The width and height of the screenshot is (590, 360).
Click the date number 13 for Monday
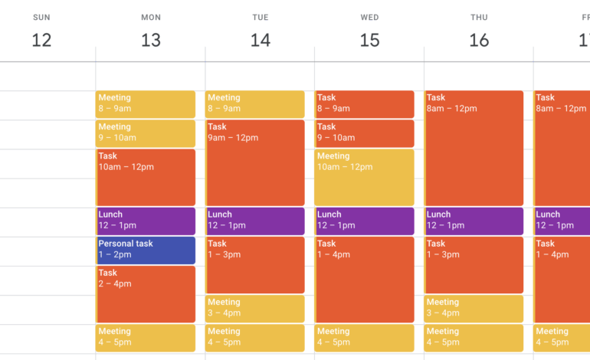151,40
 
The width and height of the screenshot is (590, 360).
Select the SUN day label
41,17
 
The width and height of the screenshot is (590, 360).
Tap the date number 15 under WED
369,40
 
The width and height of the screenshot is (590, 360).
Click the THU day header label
479,17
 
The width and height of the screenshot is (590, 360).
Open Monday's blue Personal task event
146,250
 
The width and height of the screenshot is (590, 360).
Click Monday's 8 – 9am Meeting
146,104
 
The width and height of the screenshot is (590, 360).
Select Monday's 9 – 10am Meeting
146,133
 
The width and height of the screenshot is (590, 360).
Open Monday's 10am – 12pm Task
146,177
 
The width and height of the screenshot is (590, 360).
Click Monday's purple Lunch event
146,221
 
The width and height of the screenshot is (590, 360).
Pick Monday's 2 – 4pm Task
146,294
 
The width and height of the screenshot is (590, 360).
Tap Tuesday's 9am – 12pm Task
255,162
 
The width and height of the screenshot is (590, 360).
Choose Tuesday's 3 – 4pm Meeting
255,309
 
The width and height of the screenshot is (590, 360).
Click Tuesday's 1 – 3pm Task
255,265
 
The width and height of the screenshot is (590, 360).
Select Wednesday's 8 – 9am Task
365,104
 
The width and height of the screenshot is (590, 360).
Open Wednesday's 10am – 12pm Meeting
365,177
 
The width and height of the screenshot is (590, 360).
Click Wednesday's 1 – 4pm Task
365,280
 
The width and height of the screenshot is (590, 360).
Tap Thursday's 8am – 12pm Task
474,148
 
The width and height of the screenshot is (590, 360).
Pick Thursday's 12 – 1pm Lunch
474,221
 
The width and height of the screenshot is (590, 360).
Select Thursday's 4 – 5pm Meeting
474,338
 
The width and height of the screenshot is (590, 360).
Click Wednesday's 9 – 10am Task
365,133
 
